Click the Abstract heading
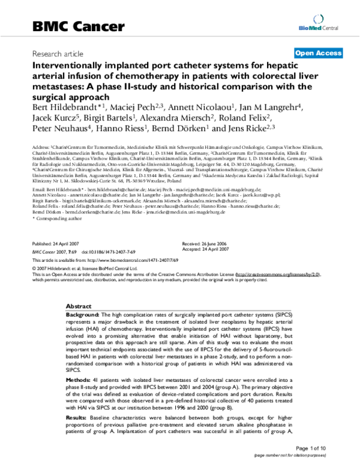(x=79, y=306)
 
